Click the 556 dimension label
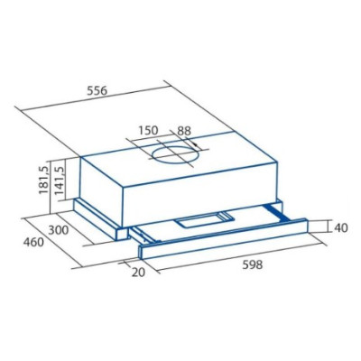tap(97, 90)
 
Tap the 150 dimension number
tap(148, 131)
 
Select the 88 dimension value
tap(184, 131)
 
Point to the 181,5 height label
tap(44, 180)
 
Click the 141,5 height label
tap(60, 180)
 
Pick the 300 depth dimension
tap(59, 230)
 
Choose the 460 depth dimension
tap(33, 242)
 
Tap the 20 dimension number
tap(138, 273)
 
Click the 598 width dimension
tap(252, 264)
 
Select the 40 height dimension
tap(341, 227)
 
